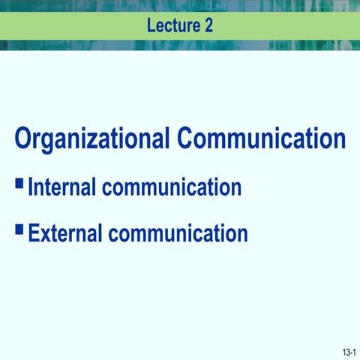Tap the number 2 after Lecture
tap(208, 25)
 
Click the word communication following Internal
tap(172, 187)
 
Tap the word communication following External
tap(178, 232)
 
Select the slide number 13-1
tap(348, 352)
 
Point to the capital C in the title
tap(187, 139)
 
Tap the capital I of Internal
tap(31, 187)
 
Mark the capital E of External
tap(34, 232)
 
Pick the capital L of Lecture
tap(151, 25)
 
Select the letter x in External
tap(45, 234)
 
